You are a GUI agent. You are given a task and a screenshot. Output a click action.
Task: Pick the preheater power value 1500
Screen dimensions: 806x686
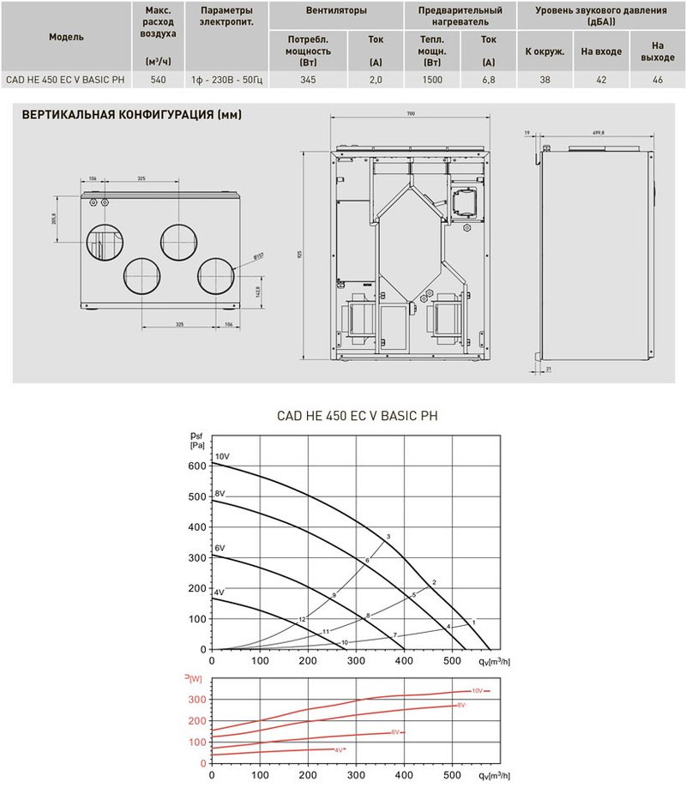(x=432, y=79)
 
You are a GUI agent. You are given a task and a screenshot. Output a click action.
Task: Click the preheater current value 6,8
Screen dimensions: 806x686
(x=488, y=79)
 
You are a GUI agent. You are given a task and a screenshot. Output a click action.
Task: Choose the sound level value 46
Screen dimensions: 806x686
(x=658, y=79)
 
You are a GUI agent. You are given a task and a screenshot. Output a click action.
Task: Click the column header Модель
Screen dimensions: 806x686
(x=66, y=39)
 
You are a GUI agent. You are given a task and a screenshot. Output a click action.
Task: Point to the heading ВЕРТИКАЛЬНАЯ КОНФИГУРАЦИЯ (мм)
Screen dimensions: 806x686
(x=131, y=115)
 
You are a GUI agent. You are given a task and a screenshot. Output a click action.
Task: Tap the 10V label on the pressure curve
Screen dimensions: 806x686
(x=222, y=455)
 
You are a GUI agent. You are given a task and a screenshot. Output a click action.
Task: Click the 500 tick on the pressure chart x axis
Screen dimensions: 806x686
(x=452, y=662)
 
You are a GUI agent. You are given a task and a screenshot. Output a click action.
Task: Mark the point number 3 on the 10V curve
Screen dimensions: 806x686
(x=388, y=537)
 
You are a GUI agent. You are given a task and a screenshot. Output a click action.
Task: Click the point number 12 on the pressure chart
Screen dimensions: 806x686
(x=302, y=619)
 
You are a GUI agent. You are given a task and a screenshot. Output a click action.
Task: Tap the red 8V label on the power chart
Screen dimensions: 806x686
(x=460, y=705)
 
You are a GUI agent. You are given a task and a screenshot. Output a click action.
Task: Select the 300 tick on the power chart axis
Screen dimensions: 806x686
(x=197, y=700)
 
